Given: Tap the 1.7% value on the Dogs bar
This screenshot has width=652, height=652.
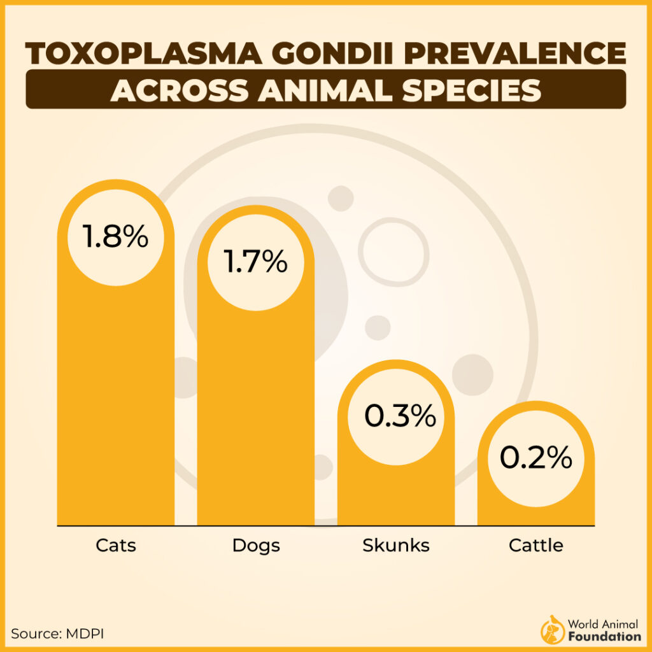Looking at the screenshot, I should [255, 262].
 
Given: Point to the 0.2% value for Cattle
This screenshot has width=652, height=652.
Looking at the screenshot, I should [535, 458].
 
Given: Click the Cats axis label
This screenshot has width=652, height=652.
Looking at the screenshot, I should [116, 546].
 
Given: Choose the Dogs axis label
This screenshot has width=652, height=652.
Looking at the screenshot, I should [256, 546].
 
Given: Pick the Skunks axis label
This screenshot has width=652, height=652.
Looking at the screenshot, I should [396, 546].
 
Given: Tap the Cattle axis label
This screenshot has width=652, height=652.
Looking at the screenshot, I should [536, 546].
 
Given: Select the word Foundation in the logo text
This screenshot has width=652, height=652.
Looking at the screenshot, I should [605, 636].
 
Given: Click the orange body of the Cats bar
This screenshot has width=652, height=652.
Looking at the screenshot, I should [115, 395].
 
